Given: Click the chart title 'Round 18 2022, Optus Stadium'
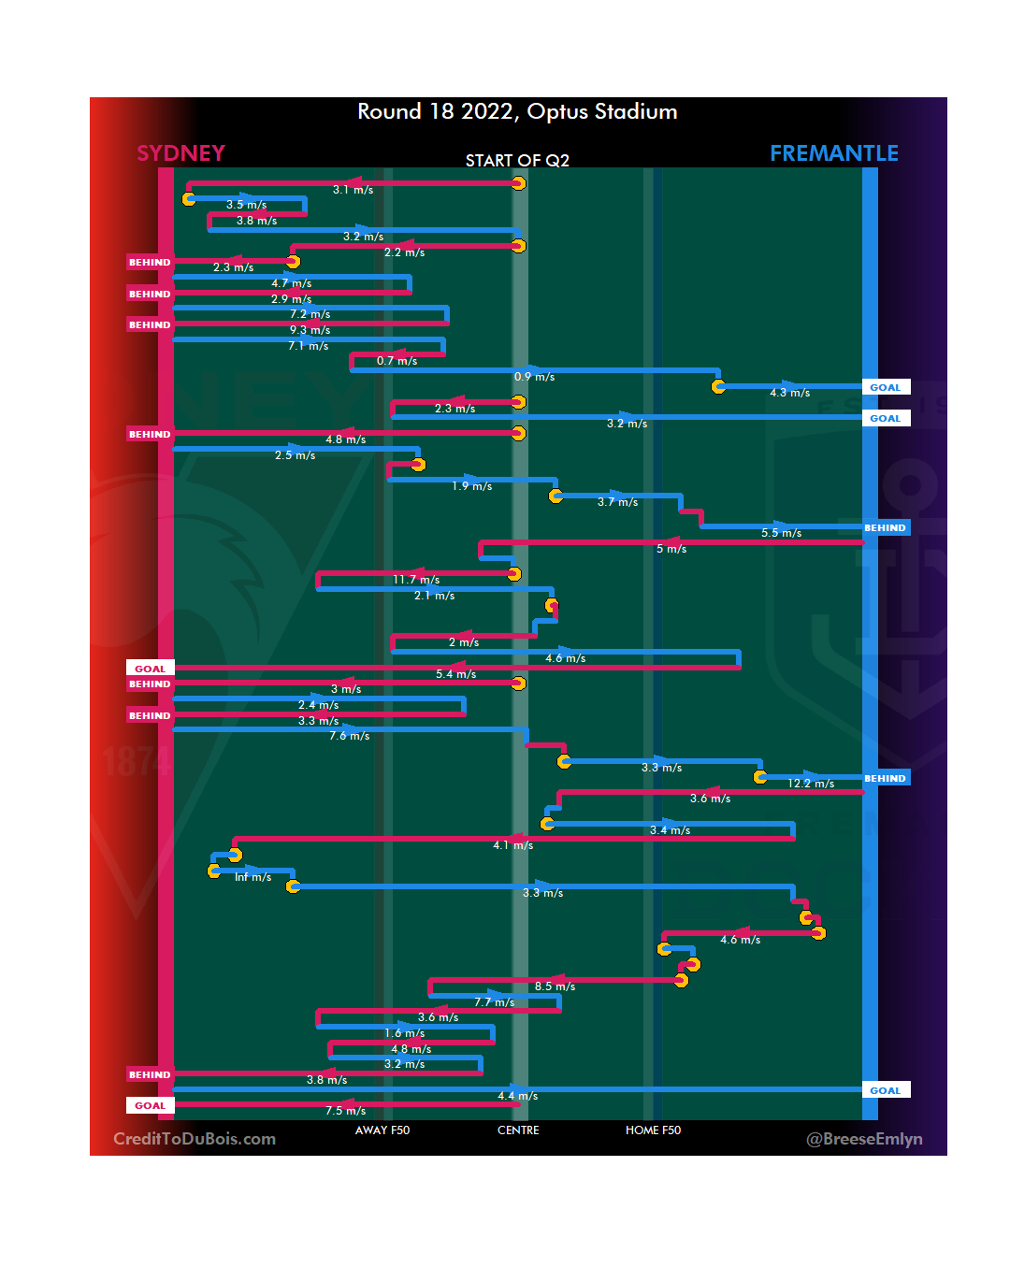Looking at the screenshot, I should click(517, 112).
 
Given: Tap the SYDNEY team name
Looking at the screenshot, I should click(180, 153).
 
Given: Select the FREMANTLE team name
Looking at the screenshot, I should click(833, 153).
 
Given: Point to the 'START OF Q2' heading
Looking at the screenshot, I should click(517, 161).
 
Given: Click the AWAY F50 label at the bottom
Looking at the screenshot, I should click(382, 1130).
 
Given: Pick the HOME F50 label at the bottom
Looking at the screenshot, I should click(653, 1130).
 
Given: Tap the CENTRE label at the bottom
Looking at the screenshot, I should click(518, 1130).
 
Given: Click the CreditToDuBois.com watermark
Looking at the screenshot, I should click(195, 1139).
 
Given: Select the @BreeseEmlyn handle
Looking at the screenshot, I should click(864, 1139).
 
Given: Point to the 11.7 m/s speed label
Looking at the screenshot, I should click(416, 581).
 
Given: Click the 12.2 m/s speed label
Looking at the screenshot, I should click(811, 784).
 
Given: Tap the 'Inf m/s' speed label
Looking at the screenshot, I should click(252, 877).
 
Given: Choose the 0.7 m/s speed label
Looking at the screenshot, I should click(397, 361).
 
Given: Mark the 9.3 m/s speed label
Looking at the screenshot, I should click(310, 330).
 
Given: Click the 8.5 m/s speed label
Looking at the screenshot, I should click(555, 986).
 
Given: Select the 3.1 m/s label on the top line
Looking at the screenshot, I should click(353, 190).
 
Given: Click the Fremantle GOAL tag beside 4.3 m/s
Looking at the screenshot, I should click(885, 387).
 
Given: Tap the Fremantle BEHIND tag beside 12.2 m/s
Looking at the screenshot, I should click(885, 778).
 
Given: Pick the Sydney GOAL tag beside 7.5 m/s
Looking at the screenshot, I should click(150, 1105).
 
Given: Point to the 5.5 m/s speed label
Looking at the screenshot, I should click(781, 533).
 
